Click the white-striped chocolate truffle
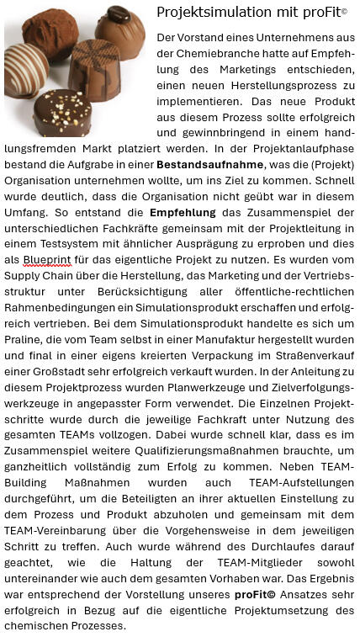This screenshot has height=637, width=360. pyautogui.click(x=25, y=69)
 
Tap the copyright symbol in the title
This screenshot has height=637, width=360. pyautogui.click(x=343, y=11)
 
